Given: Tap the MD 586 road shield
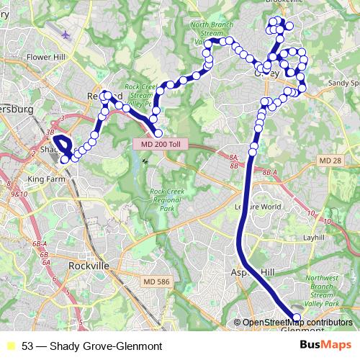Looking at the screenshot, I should [x=157, y=281].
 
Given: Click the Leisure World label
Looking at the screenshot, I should [x=258, y=206].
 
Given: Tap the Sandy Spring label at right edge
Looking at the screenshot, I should [x=343, y=83].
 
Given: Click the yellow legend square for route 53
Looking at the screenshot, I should [x=10, y=346].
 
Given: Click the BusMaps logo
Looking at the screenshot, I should [x=330, y=345].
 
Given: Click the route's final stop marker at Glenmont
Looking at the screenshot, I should [x=297, y=318].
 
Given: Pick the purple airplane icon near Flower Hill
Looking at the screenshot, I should [x=67, y=34].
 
